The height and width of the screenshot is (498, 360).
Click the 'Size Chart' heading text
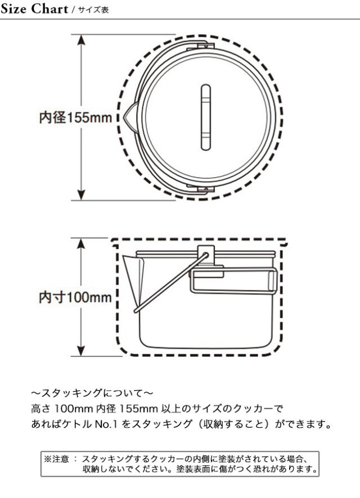point(34,8)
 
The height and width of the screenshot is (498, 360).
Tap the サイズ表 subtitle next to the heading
point(93,10)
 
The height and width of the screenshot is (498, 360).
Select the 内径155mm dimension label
point(75,117)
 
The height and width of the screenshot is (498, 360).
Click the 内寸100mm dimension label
point(75,297)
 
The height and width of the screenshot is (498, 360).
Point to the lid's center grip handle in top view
point(206,117)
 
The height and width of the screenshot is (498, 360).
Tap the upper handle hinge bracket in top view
point(200,46)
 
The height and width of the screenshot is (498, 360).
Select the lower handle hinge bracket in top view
point(200,190)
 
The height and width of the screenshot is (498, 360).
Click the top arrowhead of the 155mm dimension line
point(82,40)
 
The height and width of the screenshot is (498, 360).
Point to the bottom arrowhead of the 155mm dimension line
point(82,194)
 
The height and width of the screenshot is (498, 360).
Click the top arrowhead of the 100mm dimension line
point(82,243)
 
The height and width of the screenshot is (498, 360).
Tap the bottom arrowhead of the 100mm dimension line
point(82,350)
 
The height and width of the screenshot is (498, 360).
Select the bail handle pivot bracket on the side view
point(206,255)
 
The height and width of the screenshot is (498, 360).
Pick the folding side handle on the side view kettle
point(234,280)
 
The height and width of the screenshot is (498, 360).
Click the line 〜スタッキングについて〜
point(92,393)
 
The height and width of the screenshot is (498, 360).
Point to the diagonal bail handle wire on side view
point(171,283)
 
